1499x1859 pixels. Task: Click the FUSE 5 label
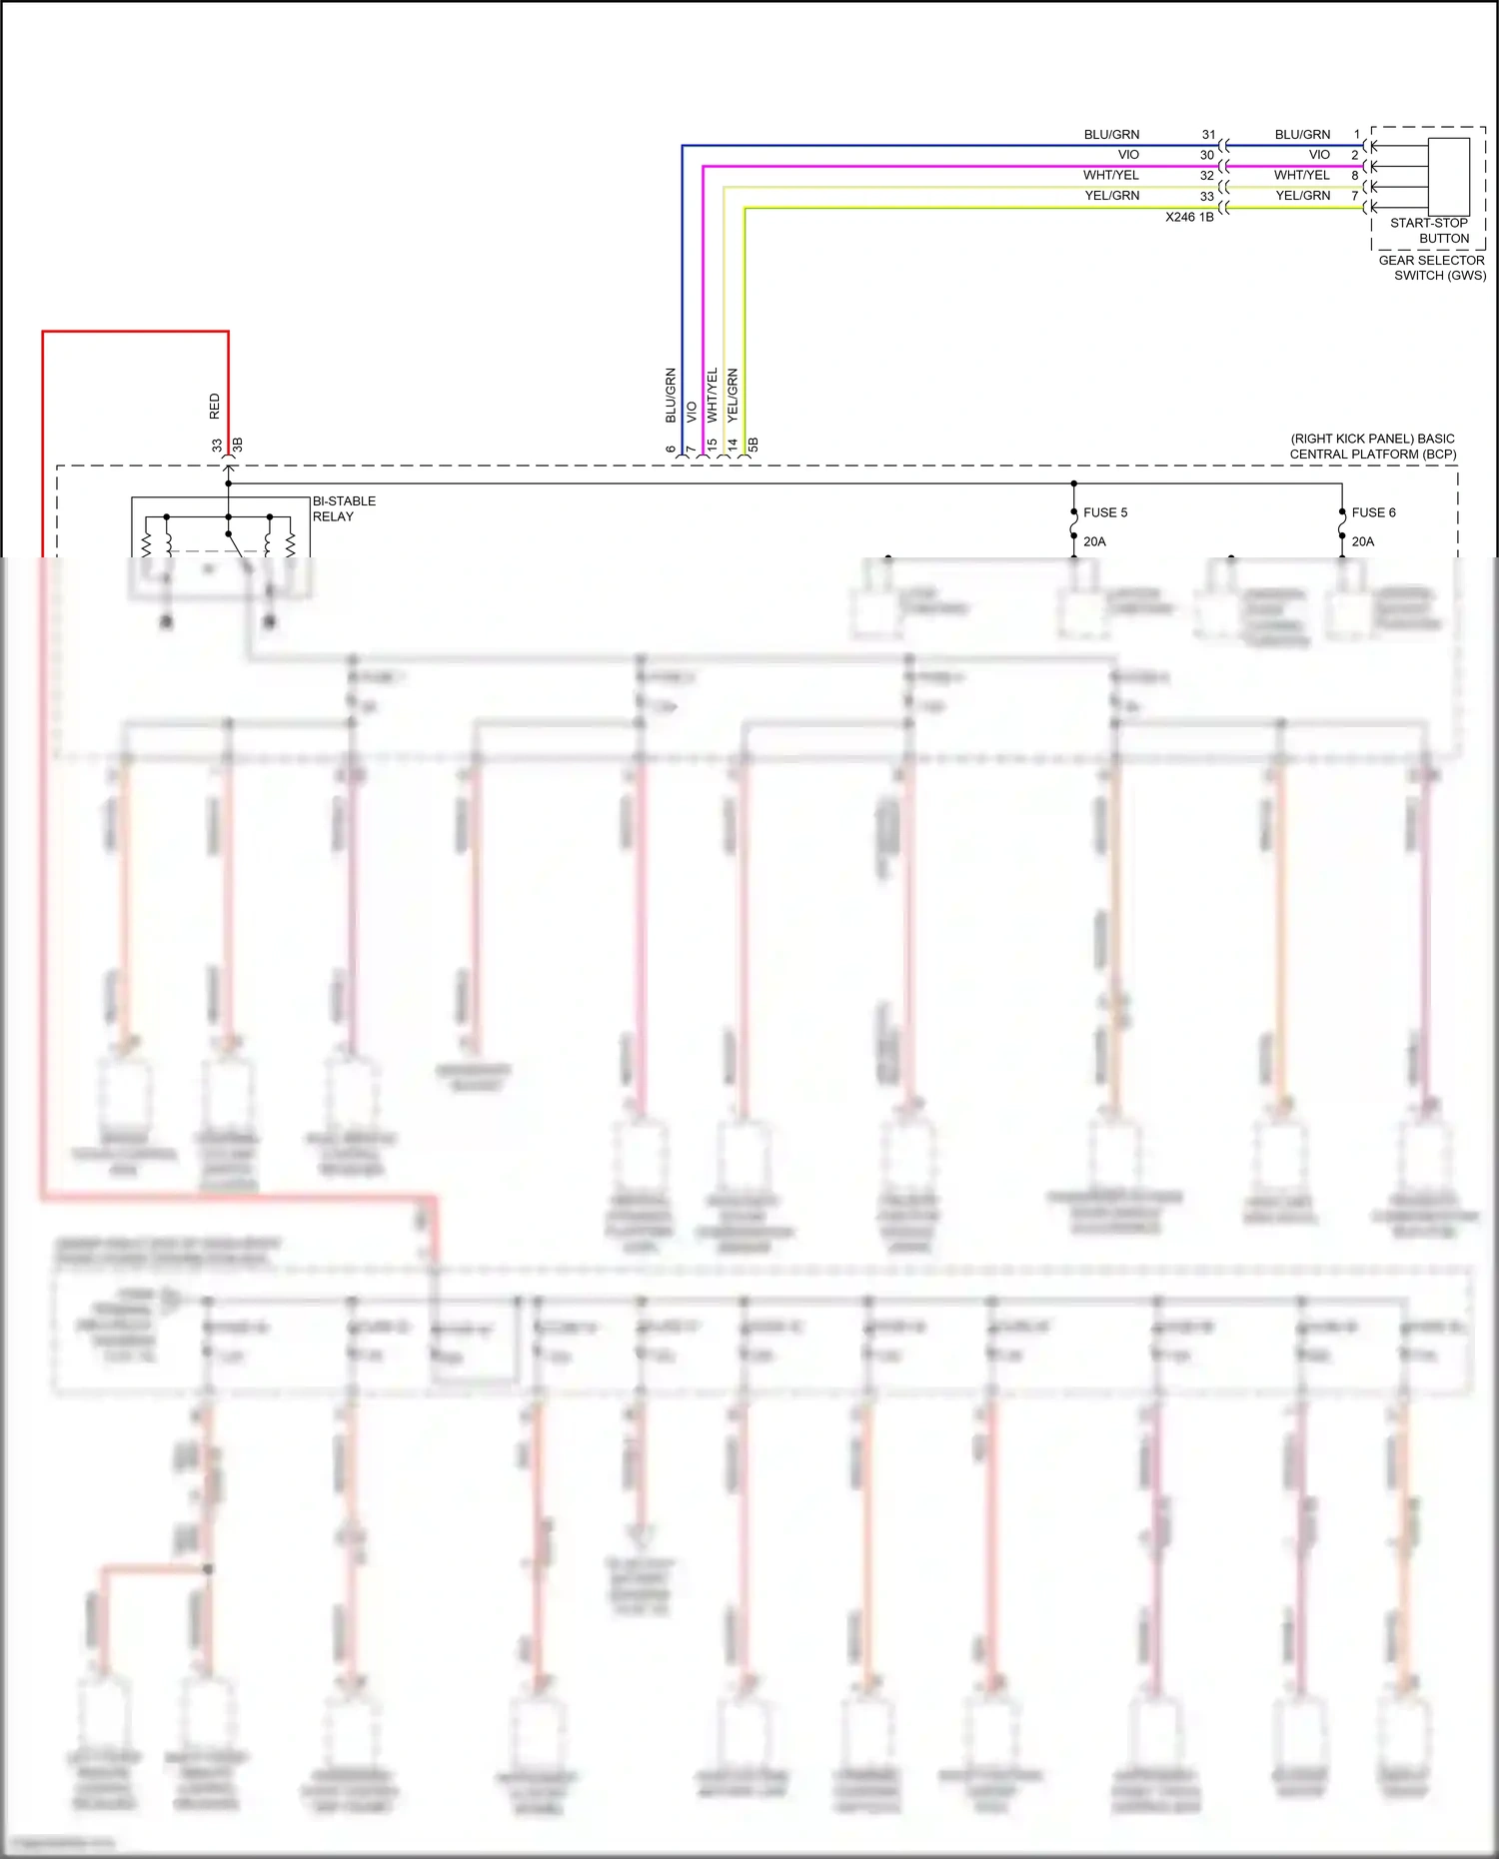(1104, 512)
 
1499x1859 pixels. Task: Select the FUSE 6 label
(1373, 512)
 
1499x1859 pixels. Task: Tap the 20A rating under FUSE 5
(1094, 541)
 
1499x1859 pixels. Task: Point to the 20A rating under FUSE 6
(1362, 541)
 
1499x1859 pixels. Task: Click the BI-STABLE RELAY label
(344, 508)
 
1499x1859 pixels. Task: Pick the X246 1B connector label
(1189, 217)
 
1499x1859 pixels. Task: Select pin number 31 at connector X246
(1208, 135)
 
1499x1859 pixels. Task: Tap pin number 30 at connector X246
(1207, 155)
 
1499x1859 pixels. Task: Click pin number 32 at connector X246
(1207, 176)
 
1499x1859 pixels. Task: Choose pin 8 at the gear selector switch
(1355, 176)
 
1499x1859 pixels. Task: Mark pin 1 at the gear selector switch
(1356, 135)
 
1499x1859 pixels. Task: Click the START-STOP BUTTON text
(1430, 231)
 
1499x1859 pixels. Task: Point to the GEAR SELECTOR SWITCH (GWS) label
(1432, 268)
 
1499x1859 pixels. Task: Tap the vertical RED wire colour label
(214, 406)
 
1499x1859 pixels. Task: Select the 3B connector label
(238, 445)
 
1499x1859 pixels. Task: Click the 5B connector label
(753, 445)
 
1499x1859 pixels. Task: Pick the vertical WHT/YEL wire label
(713, 394)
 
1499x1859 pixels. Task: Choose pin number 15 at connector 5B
(712, 445)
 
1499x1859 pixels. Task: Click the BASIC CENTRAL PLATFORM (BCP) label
(1373, 447)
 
